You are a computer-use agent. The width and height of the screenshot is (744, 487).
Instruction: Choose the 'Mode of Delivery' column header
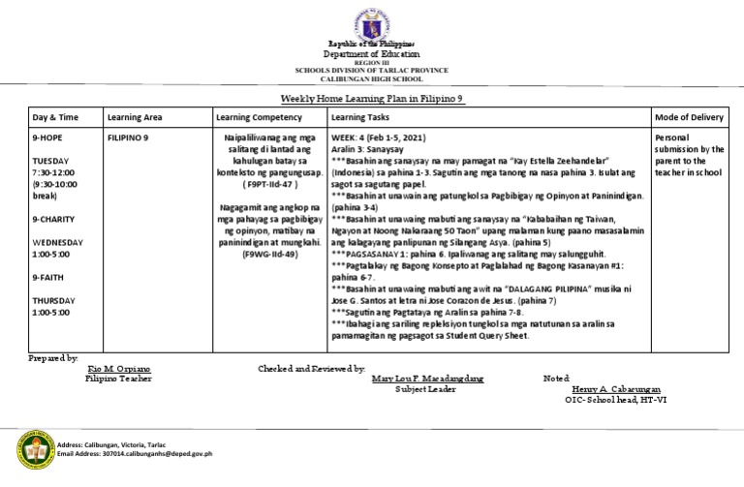click(690, 117)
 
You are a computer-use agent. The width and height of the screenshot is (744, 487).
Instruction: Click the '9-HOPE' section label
click(48, 139)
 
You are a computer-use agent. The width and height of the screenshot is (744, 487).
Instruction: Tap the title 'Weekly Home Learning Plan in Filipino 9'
click(372, 99)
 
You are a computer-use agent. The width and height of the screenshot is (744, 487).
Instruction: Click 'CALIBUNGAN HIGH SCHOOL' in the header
click(372, 78)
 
